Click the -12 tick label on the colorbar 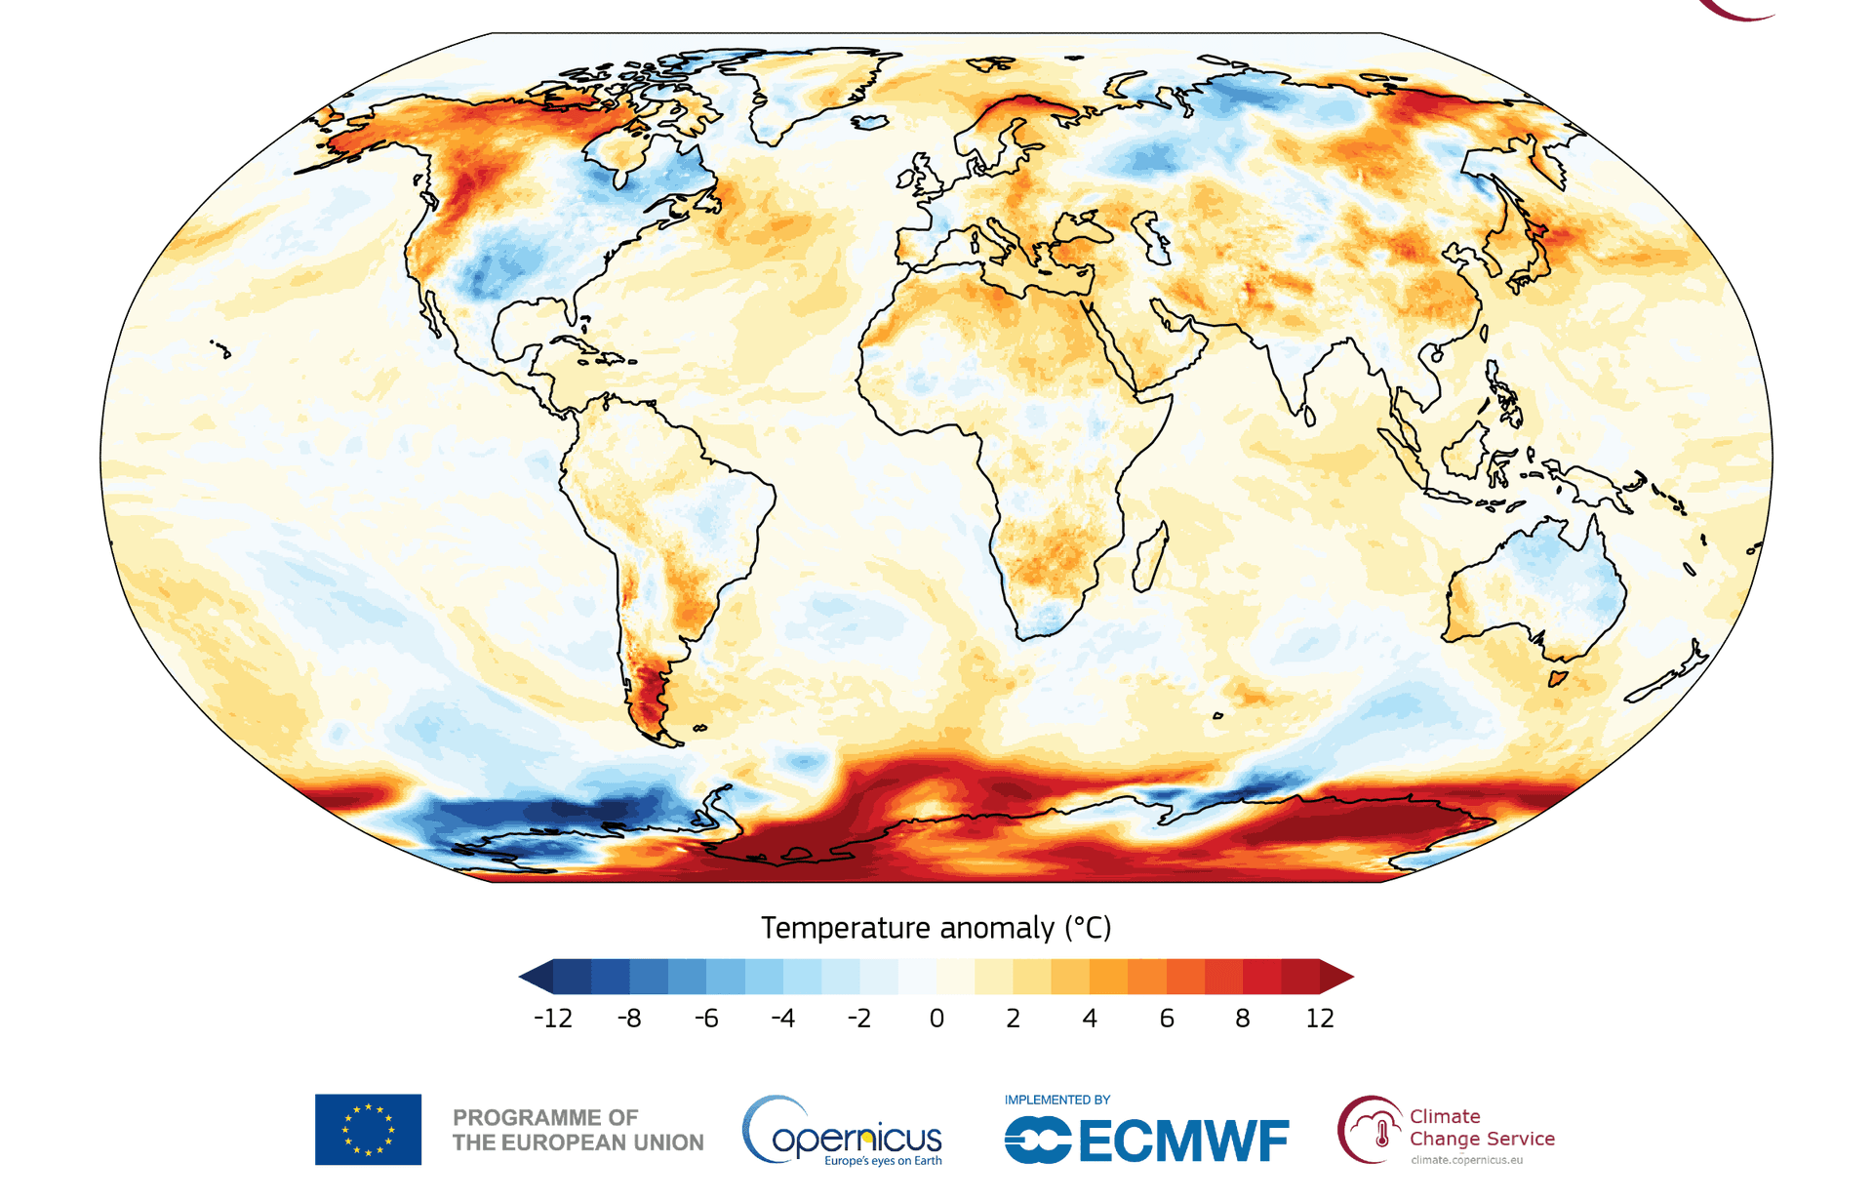pyautogui.click(x=553, y=1019)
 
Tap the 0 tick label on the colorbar pyautogui.click(x=936, y=1019)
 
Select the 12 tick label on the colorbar pyautogui.click(x=1320, y=1019)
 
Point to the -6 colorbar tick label pyautogui.click(x=706, y=1019)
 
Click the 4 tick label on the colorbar pyautogui.click(x=1090, y=1019)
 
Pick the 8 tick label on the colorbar pyautogui.click(x=1243, y=1019)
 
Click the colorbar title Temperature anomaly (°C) pyautogui.click(x=936, y=928)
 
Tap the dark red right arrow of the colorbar pyautogui.click(x=1336, y=977)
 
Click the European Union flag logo pyautogui.click(x=368, y=1130)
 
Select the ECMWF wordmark pyautogui.click(x=1146, y=1141)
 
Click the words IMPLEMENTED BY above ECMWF pyautogui.click(x=1057, y=1100)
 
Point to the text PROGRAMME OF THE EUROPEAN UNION pyautogui.click(x=578, y=1130)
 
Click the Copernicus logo pyautogui.click(x=843, y=1132)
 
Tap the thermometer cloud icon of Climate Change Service pyautogui.click(x=1370, y=1130)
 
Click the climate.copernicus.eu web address pyautogui.click(x=1466, y=1160)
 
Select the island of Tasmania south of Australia pyautogui.click(x=1558, y=677)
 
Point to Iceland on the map pyautogui.click(x=870, y=122)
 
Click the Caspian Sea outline pyautogui.click(x=1151, y=238)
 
